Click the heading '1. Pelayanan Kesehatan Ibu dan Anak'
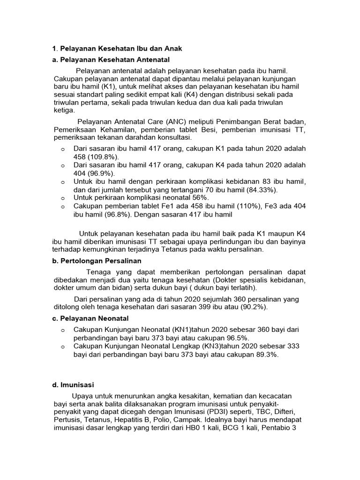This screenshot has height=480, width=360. pyautogui.click(x=116, y=48)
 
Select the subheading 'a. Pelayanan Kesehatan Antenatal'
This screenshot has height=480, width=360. pyautogui.click(x=110, y=60)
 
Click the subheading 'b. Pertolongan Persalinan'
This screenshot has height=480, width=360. pyautogui.click(x=97, y=261)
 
